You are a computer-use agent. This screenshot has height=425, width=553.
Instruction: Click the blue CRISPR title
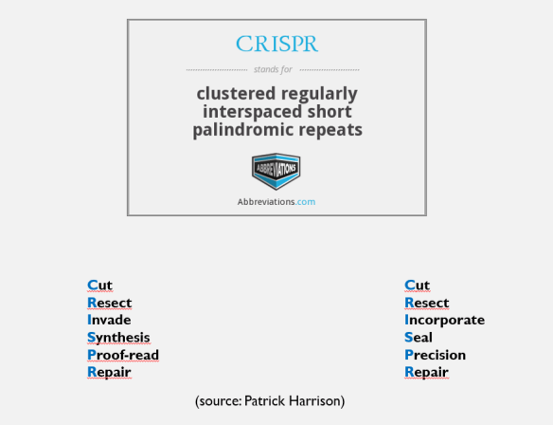coord(276,44)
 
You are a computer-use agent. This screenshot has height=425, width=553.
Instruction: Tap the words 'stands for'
coord(276,69)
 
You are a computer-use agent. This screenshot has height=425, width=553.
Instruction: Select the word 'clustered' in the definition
coord(236,94)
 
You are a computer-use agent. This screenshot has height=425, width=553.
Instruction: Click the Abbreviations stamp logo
coord(276,171)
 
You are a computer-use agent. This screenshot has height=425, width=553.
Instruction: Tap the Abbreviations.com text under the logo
coord(276,202)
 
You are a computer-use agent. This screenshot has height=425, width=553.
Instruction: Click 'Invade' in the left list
coord(109,320)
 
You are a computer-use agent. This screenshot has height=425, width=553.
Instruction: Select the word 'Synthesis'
coord(118,337)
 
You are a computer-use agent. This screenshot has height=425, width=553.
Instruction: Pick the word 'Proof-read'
coord(123,355)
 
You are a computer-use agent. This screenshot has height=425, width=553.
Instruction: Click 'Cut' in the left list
coord(99,285)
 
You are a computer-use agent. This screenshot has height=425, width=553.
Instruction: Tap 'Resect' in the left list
coord(109,303)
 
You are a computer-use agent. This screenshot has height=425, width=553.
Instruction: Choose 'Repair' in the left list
coord(109,372)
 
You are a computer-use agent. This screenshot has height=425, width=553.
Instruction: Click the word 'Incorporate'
coord(444,320)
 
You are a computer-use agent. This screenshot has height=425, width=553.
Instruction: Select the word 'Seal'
coord(419,337)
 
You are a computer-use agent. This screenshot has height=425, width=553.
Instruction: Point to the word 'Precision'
coord(435,355)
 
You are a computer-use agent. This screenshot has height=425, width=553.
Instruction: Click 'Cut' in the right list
coord(417,285)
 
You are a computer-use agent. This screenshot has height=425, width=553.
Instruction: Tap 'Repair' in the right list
coord(426,372)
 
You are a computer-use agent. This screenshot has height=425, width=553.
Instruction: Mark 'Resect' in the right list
coord(426,303)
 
